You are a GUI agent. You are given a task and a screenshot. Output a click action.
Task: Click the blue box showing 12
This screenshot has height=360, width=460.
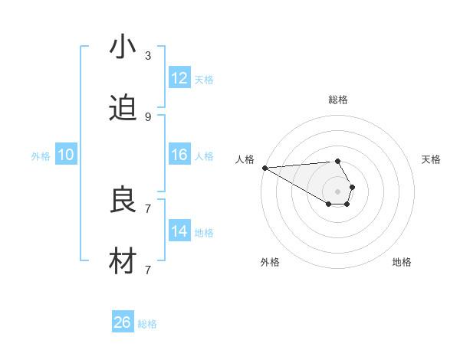[179, 78]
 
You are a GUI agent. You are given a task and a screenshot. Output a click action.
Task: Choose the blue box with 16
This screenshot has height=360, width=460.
[179, 155]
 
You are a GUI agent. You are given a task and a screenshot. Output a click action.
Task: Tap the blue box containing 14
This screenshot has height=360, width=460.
[179, 231]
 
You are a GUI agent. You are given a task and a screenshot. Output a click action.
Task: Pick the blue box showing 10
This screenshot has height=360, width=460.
[66, 155]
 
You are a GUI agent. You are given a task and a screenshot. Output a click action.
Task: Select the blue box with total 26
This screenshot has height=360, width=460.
[123, 322]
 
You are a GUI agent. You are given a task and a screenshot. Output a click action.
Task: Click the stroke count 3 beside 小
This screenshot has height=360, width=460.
[147, 56]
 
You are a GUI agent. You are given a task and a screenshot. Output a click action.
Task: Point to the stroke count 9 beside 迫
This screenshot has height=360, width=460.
[147, 117]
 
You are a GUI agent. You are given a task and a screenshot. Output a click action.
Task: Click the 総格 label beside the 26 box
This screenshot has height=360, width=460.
[147, 324]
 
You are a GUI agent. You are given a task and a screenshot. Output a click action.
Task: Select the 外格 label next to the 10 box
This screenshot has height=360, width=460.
[41, 155]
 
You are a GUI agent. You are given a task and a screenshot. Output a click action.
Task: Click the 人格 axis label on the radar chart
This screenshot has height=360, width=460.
[245, 159]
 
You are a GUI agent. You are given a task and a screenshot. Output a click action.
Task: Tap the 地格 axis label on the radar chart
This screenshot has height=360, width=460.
[402, 262]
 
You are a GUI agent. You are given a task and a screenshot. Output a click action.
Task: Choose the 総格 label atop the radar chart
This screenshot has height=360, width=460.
[338, 100]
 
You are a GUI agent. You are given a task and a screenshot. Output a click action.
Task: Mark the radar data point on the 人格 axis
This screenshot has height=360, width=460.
[264, 168]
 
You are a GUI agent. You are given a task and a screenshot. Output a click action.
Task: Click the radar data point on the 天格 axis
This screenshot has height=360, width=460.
[352, 187]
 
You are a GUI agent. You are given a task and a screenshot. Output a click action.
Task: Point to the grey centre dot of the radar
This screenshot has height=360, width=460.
[337, 191]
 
